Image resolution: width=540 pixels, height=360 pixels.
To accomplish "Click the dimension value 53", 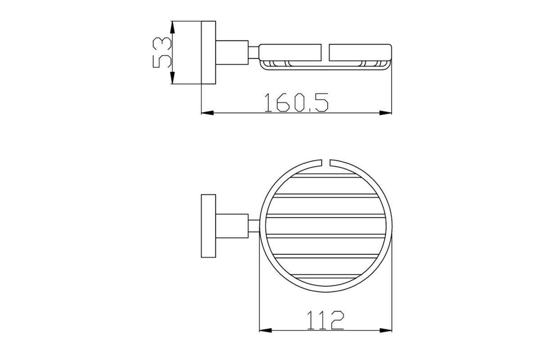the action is pos(162,53).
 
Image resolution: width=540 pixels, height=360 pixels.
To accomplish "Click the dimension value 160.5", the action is pos(296,103).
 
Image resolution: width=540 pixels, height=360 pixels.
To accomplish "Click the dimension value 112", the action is pos(325,320).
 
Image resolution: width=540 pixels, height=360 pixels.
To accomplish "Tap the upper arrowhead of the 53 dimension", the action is pos(172,27).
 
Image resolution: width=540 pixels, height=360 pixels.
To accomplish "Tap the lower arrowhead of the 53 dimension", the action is pos(172,78).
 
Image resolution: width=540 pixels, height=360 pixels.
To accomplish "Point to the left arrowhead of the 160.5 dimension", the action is pos(207,113).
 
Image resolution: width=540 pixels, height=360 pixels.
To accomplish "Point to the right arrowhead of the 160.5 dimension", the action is pos(386,113).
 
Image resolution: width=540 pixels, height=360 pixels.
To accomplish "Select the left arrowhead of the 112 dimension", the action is pos(265,330).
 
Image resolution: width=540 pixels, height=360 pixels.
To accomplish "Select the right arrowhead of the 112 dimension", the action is pos(386,330).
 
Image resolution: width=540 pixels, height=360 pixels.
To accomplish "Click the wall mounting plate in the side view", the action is pos(208,53).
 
